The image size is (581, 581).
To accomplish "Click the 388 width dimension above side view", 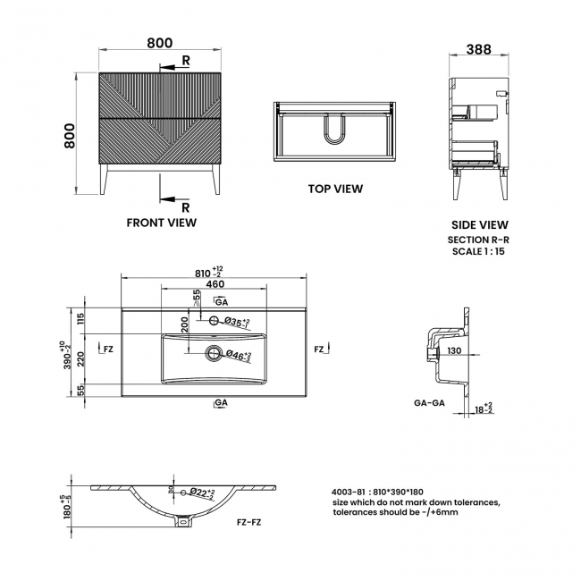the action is coord(478,49).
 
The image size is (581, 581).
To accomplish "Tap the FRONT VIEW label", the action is coord(162,223).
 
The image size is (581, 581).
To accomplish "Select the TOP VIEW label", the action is coord(335,189).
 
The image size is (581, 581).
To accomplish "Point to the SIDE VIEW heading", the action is coord(479,225).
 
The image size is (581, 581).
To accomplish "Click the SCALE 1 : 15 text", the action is coord(478,251).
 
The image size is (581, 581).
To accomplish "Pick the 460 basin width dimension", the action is coord(215,284).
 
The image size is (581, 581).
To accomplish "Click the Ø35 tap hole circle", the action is coord(214,320).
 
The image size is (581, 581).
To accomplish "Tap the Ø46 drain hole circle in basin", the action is coord(214,352).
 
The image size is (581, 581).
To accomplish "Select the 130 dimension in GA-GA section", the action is coord(454,350).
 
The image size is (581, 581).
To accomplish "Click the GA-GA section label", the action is coord(429,403).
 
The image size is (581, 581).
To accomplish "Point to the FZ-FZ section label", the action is coord(249,523).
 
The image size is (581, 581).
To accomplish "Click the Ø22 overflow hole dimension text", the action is coord(202,493).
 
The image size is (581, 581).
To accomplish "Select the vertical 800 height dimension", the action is coord(70,136).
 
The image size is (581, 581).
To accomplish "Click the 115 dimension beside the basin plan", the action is coord(80,319).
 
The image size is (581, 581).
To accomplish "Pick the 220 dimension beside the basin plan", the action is coord(80,358).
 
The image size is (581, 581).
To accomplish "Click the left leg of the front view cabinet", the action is coord(104,180).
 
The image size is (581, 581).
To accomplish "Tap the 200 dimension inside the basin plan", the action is coord(185,324).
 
